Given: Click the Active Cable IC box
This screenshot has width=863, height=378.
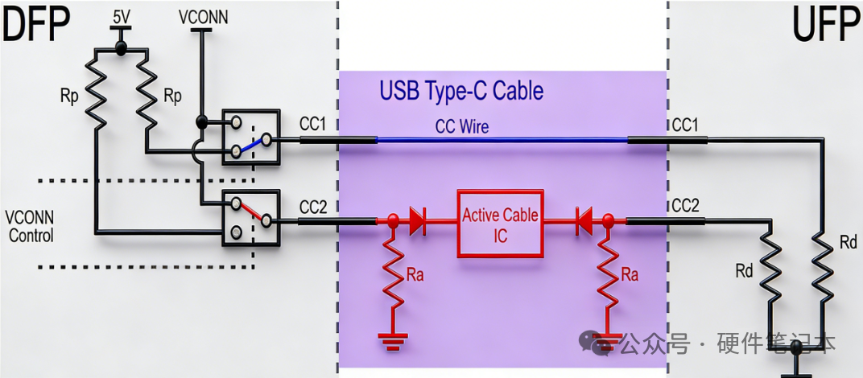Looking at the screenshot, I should pos(502,224).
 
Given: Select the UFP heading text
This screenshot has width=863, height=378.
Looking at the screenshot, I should pos(825,26).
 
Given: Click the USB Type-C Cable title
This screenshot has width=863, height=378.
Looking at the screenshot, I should pos(461,90).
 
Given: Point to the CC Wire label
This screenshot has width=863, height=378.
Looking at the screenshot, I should pos(461,126).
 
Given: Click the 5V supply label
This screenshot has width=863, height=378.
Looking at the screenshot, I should pos(121,15).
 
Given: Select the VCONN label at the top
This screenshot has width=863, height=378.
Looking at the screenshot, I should pos(201,15).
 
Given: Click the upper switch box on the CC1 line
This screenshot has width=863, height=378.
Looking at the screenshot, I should pos(250,138).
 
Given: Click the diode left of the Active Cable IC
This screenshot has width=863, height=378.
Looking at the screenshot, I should pos(417,220).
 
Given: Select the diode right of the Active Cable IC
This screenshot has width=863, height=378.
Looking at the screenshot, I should pos(585,220).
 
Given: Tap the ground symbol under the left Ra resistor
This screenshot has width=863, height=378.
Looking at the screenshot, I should pos(392,343).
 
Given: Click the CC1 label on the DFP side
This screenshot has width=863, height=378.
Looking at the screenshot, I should pos(312,125).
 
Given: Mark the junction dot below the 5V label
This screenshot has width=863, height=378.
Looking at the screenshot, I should pos(121,49).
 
